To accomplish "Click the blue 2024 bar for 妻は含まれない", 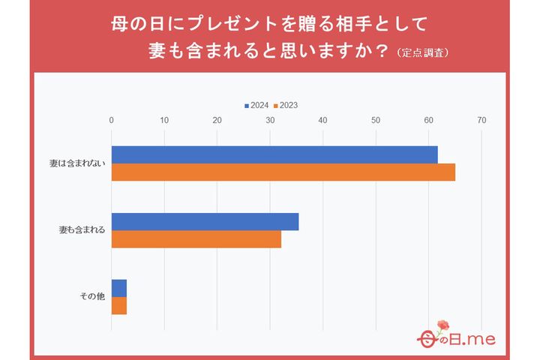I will click(274, 154).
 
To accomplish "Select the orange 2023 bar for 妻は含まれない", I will click(283, 172).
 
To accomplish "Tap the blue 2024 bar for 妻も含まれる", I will click(205, 222).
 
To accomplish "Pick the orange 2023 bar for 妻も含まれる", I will click(196, 239).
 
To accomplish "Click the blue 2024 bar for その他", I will click(118, 288).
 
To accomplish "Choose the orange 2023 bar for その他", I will click(118, 306).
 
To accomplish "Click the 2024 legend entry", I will click(256, 106).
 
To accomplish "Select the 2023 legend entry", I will click(285, 106).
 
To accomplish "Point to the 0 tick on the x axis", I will click(112, 121).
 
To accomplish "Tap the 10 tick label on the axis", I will click(164, 121).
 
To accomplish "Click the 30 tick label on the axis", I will click(270, 121).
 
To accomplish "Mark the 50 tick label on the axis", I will click(376, 121).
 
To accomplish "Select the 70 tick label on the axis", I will click(481, 121).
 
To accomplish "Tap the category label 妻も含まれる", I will click(82, 230).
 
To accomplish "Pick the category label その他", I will click(92, 297).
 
